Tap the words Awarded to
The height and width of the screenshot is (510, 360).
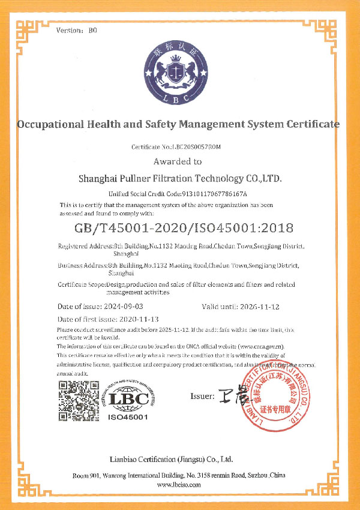(178, 161)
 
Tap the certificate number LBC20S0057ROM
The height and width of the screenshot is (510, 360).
(196, 147)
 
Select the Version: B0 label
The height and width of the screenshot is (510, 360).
(76, 29)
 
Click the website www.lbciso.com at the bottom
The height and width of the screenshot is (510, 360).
(179, 484)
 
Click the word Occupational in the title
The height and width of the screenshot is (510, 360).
(55, 125)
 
